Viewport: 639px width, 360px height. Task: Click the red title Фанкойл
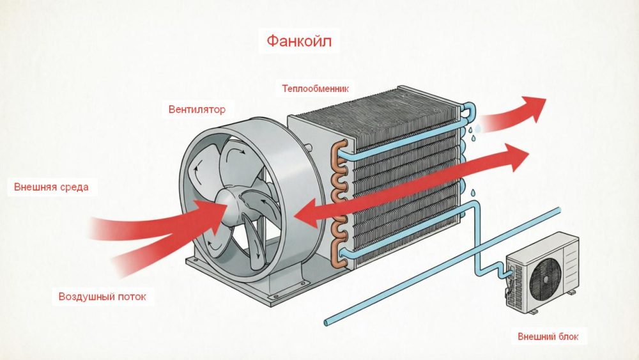[299, 43]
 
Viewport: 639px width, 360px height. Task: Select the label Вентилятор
[197, 109]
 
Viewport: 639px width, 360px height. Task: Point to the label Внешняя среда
[51, 187]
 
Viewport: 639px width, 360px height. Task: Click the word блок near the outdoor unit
[569, 336]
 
